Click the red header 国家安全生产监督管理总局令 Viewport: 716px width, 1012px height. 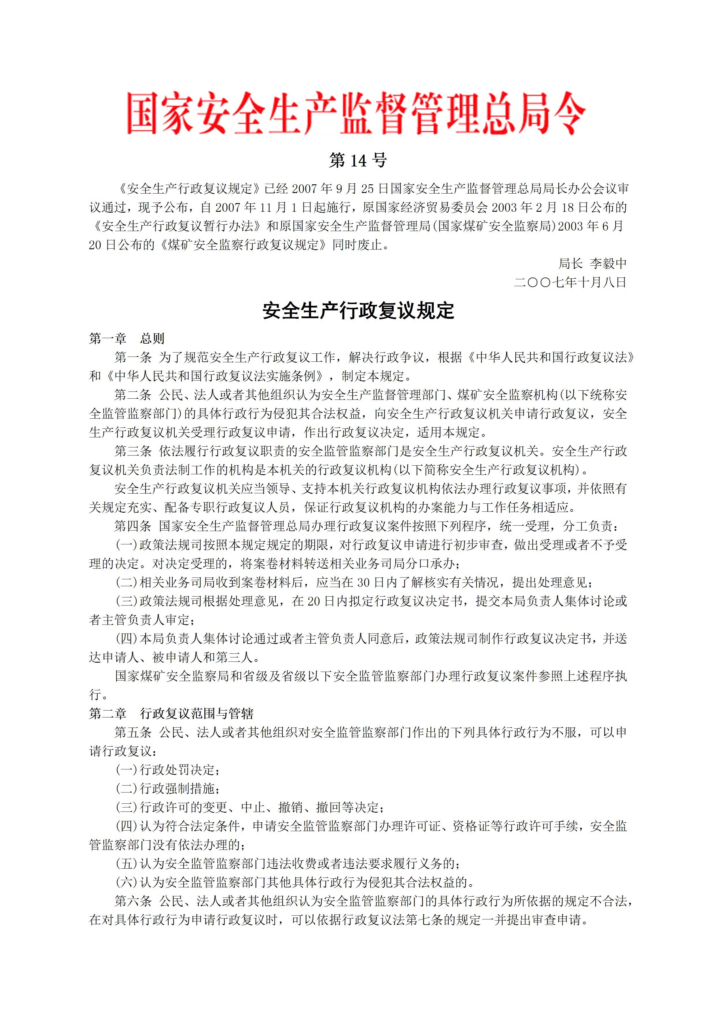click(357, 113)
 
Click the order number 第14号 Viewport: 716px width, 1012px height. click(358, 160)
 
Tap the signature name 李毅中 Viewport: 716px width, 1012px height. click(608, 264)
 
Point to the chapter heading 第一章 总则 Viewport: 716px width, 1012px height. click(127, 338)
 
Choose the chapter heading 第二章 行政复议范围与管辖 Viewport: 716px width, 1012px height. click(171, 714)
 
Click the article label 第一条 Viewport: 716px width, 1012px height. click(133, 357)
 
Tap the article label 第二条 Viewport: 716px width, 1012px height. click(133, 395)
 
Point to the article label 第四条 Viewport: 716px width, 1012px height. click(133, 526)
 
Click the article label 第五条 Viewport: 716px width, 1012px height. click(133, 732)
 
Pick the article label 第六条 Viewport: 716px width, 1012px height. click(133, 902)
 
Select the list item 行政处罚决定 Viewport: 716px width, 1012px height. click(176, 770)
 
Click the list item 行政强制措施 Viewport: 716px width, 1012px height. click(176, 788)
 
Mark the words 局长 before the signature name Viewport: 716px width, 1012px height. click(570, 264)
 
